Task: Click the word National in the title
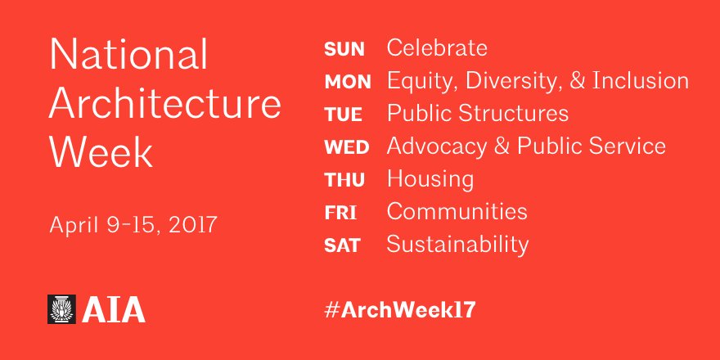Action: [x=128, y=56]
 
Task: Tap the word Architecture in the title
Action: [x=165, y=104]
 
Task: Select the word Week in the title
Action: [x=101, y=152]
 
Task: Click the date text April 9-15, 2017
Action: [x=133, y=224]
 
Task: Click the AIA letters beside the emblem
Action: [x=114, y=310]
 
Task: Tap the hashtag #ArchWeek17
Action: [x=400, y=309]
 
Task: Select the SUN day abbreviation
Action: [x=344, y=49]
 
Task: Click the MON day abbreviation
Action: [x=348, y=82]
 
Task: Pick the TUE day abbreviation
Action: [x=343, y=115]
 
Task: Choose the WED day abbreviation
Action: [x=347, y=148]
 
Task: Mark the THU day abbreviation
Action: [x=344, y=180]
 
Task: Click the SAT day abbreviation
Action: [x=342, y=245]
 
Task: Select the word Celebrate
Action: [x=437, y=48]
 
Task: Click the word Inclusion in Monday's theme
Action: [x=639, y=81]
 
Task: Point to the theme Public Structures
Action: [x=477, y=113]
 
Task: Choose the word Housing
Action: [x=430, y=179]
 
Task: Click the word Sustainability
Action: [x=457, y=245]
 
